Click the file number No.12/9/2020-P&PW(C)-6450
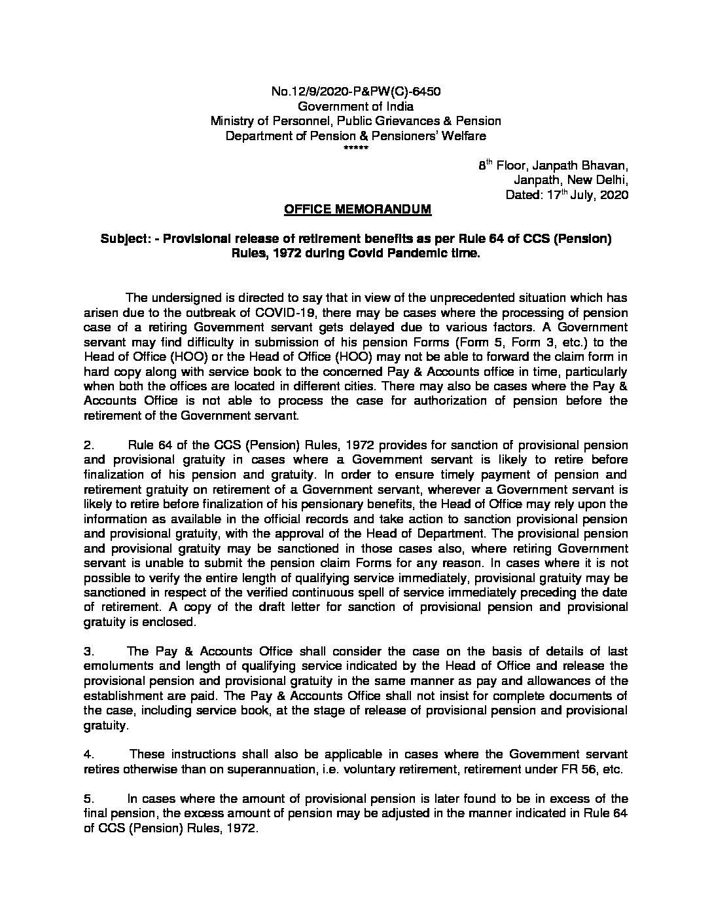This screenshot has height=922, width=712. [x=355, y=91]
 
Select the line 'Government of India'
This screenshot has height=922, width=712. [x=355, y=106]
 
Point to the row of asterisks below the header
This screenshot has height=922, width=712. [x=355, y=149]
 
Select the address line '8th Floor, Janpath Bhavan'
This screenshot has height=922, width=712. [x=553, y=166]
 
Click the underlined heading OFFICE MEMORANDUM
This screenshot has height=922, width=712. [x=357, y=210]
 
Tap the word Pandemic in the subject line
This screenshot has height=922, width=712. [x=419, y=253]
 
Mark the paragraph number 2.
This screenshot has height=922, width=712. [x=89, y=445]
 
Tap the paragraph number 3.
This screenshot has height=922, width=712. [x=89, y=652]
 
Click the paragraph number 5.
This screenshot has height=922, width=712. [x=89, y=799]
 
